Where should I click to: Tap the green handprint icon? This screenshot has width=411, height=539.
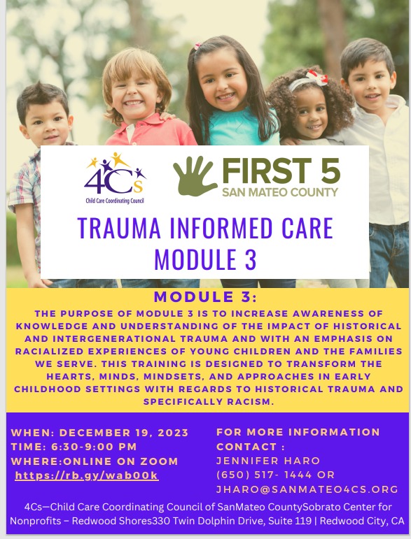coord(195,175)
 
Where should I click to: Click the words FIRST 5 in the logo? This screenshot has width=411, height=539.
coord(281,171)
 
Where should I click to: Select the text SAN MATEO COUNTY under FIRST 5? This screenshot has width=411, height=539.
coord(280,192)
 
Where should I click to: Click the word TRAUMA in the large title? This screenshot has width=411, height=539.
coord(119,228)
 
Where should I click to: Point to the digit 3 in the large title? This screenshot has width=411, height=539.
coord(251,259)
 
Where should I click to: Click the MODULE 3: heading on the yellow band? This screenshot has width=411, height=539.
coord(205,297)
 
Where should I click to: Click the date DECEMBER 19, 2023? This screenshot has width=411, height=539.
coord(124,433)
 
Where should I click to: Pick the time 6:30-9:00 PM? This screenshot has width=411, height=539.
coord(94,447)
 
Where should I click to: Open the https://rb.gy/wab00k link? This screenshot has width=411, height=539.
coord(86,475)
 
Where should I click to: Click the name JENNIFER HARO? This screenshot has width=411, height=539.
coord(268,461)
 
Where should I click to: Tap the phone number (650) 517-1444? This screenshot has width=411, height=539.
coord(264,475)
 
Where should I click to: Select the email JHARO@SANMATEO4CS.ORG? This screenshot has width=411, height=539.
coord(307,489)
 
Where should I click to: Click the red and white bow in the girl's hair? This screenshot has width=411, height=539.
coord(316,78)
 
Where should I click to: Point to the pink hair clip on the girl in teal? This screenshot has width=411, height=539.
coord(197,46)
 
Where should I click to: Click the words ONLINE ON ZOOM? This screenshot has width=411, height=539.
coord(121,461)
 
